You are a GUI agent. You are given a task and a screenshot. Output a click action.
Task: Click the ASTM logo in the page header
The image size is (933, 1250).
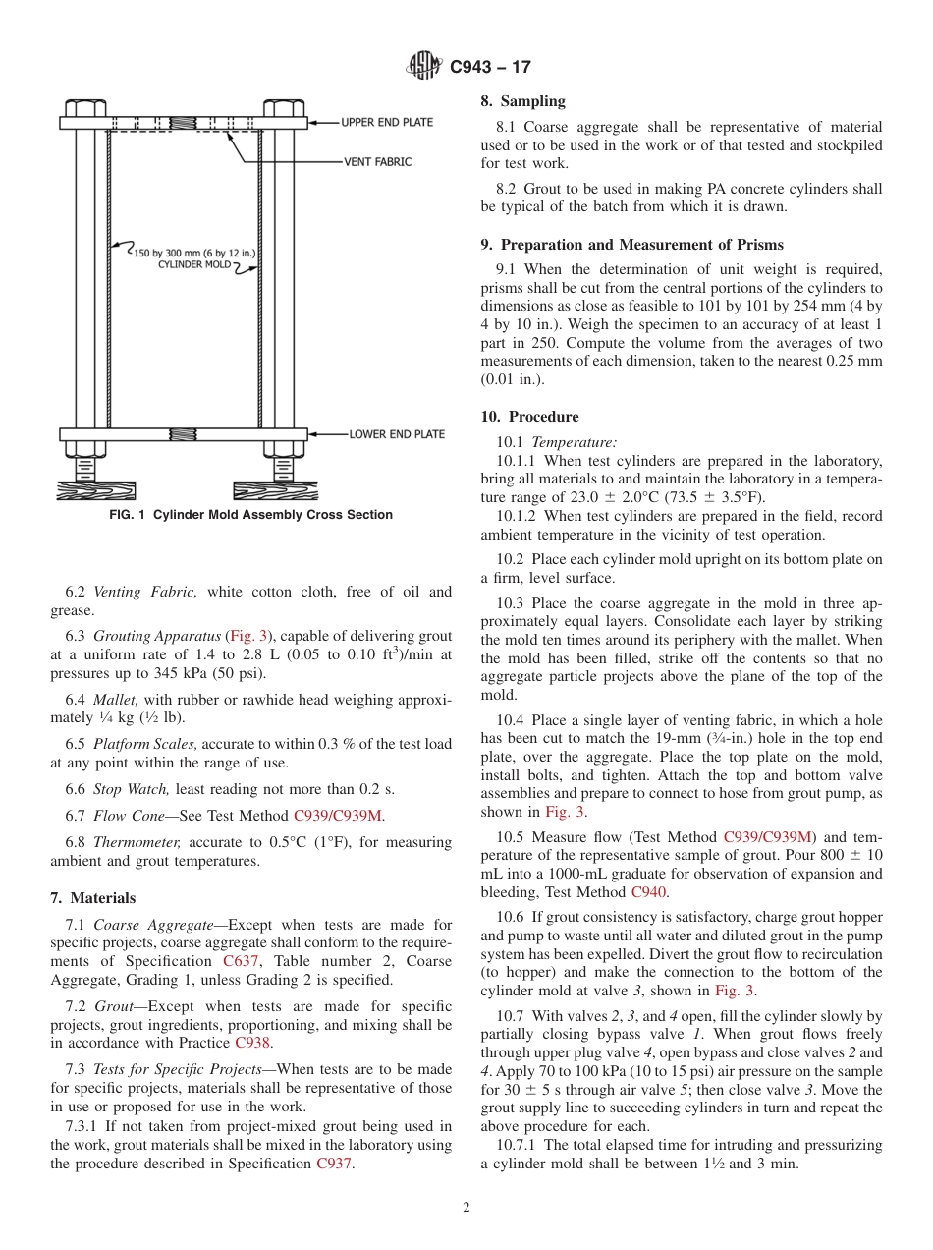[x=424, y=67]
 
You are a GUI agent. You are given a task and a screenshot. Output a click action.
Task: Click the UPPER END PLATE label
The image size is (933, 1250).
[x=387, y=123]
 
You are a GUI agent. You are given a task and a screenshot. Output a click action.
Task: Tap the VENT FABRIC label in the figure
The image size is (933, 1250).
[x=377, y=161]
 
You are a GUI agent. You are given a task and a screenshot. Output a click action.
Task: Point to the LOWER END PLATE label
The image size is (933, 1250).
[x=397, y=434]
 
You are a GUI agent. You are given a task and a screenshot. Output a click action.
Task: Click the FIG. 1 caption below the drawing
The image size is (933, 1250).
[x=250, y=515]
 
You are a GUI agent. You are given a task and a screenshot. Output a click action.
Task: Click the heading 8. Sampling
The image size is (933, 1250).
[x=522, y=101]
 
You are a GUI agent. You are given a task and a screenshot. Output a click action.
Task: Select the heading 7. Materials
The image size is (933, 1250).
[x=93, y=898]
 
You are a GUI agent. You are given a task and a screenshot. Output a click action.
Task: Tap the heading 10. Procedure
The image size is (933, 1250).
[x=529, y=417]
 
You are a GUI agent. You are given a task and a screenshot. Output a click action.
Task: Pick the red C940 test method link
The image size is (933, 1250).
[x=648, y=892]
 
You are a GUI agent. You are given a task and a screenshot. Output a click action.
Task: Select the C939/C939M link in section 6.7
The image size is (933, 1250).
[x=337, y=816]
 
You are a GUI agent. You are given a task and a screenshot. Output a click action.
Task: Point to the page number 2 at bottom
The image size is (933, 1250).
[x=466, y=1208]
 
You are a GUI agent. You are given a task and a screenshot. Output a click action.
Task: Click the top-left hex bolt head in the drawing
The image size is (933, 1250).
[x=85, y=107]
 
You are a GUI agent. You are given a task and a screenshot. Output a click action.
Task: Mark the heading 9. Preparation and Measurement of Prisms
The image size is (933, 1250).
[x=631, y=245]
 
